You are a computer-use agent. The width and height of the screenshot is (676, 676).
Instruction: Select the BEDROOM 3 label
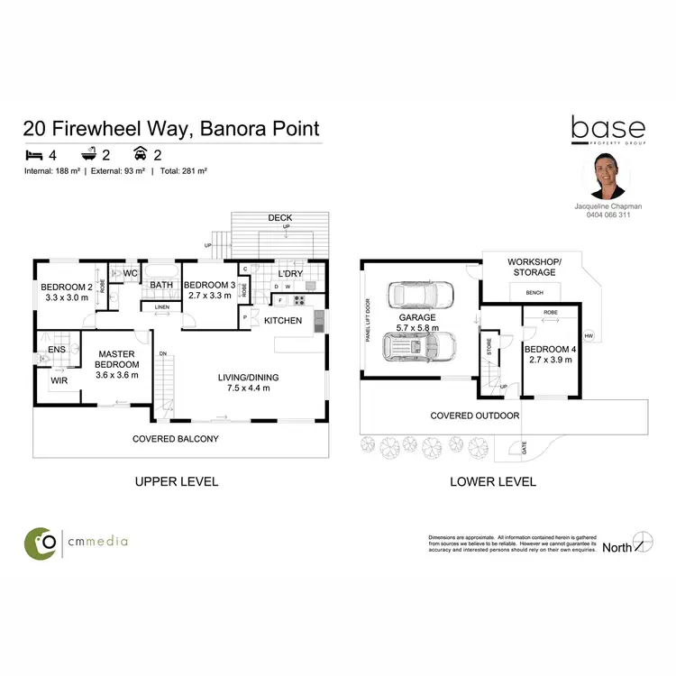[208, 287]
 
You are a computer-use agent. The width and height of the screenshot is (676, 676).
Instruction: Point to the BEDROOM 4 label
[549, 349]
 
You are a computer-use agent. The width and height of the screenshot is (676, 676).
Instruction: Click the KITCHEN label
[283, 320]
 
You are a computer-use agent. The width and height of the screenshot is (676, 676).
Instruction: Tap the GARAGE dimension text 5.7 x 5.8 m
[418, 329]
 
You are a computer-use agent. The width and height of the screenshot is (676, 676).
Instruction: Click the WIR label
[59, 382]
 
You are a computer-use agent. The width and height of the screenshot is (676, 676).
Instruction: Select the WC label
[130, 272]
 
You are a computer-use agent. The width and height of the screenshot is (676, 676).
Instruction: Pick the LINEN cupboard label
[161, 307]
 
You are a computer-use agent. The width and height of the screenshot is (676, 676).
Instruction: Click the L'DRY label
[290, 273]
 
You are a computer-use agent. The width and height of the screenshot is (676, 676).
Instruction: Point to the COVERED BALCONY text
[176, 439]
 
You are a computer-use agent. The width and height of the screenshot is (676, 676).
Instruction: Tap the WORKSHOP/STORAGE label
[535, 266]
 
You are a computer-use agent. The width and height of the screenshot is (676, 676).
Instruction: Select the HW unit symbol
[589, 336]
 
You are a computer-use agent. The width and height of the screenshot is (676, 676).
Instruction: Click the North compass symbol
[641, 543]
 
